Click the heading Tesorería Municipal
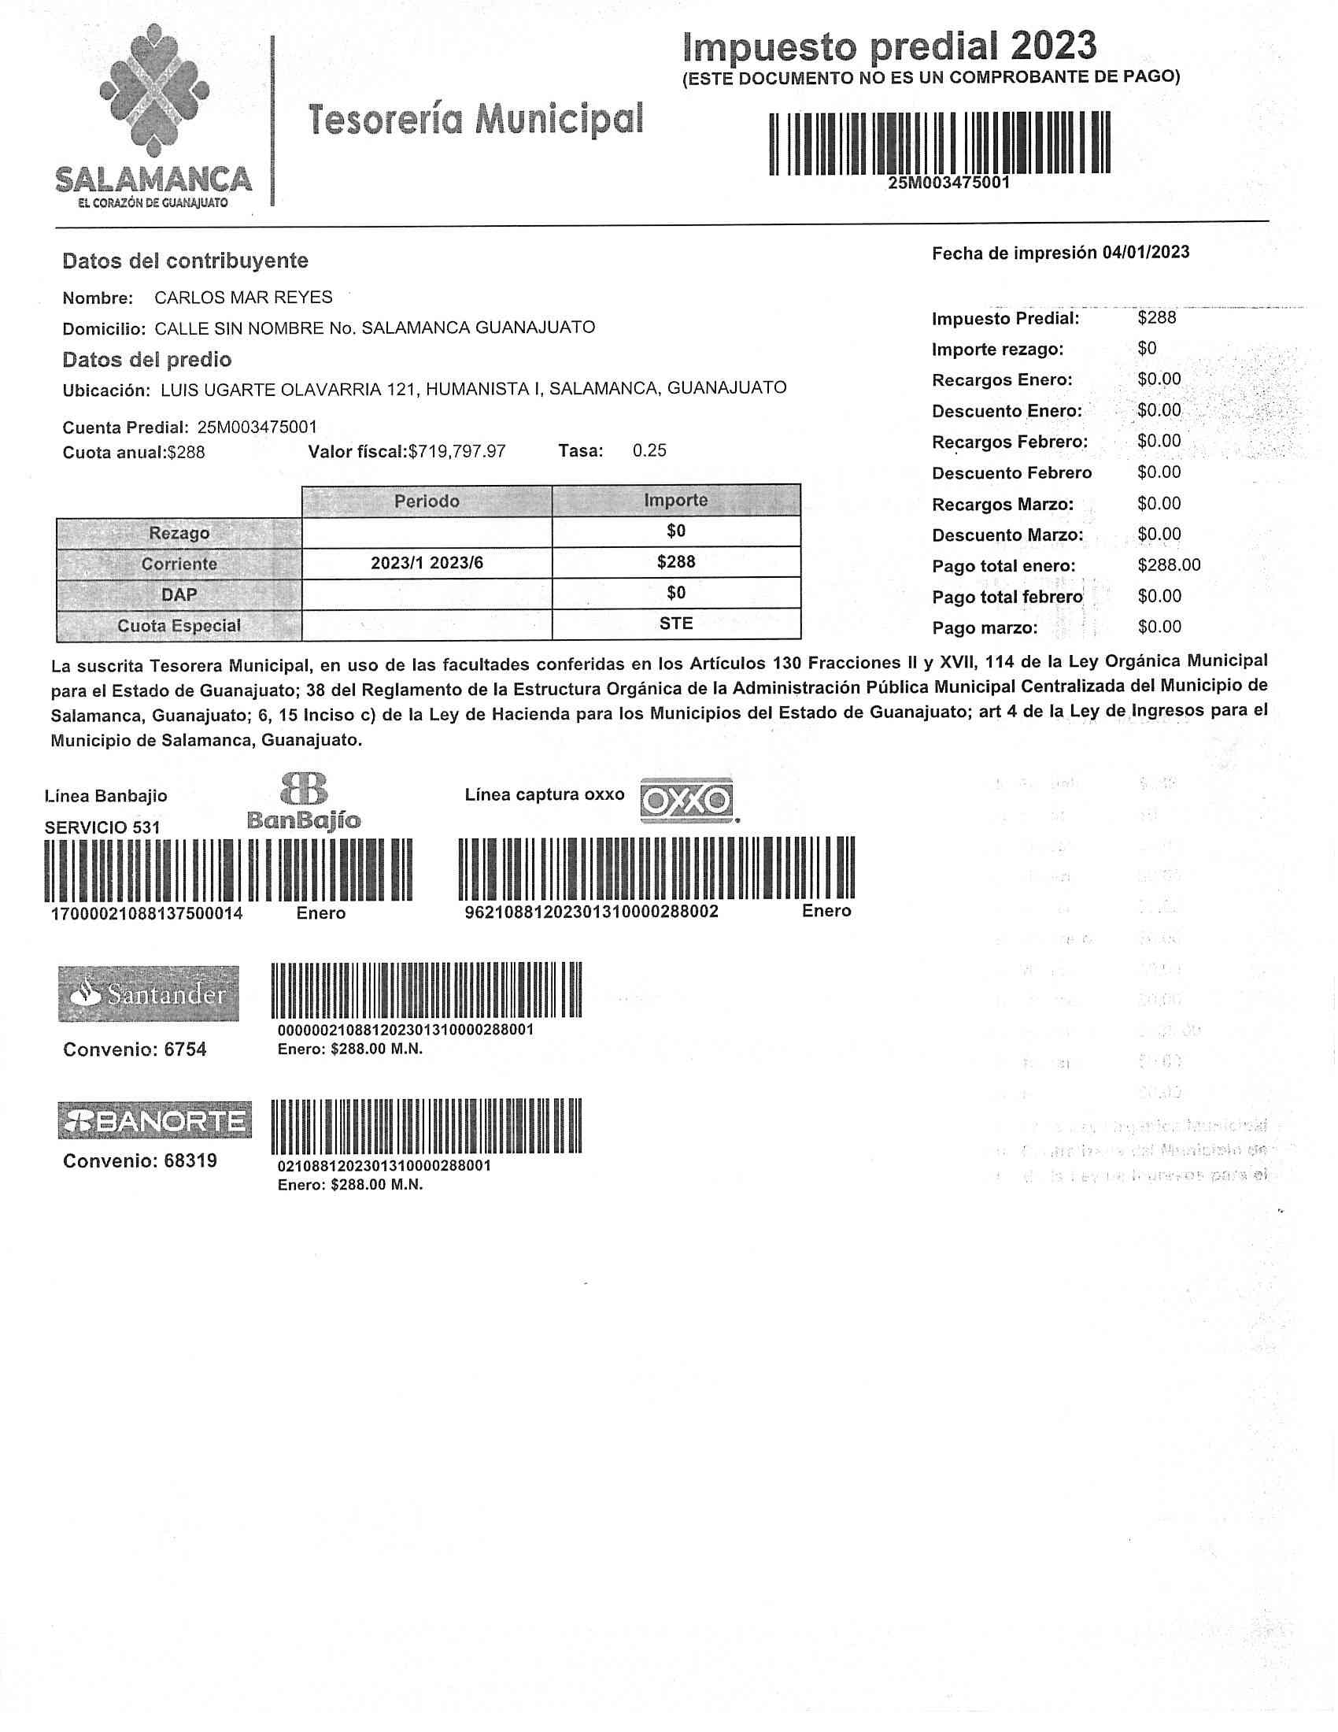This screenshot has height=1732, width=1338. coord(475,120)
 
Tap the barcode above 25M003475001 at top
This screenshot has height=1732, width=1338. coord(939,142)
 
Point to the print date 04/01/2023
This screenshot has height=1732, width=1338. coord(1145,252)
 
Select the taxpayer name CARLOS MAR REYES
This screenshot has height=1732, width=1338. coord(243,298)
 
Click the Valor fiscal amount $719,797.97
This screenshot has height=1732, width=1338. coord(456,451)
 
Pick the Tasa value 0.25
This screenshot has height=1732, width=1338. coord(649,450)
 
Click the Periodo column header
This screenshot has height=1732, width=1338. coord(427,501)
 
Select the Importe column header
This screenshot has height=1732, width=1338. coord(675,501)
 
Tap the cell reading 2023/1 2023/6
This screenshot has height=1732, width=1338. coord(427,563)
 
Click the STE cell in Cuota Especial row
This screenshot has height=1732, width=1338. coord(675,624)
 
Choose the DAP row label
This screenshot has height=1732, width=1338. coord(179,594)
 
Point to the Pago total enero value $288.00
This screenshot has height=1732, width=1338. coord(1168,565)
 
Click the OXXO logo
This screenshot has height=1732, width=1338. coord(686,800)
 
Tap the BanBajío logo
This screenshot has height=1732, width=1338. coord(305,801)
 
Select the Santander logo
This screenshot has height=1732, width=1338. coord(148,993)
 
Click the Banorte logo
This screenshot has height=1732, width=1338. coord(154,1120)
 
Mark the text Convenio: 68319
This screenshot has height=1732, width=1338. coord(139,1161)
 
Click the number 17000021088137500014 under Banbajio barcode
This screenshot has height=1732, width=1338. coord(146,913)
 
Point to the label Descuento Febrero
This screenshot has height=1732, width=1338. coord(1011,473)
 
